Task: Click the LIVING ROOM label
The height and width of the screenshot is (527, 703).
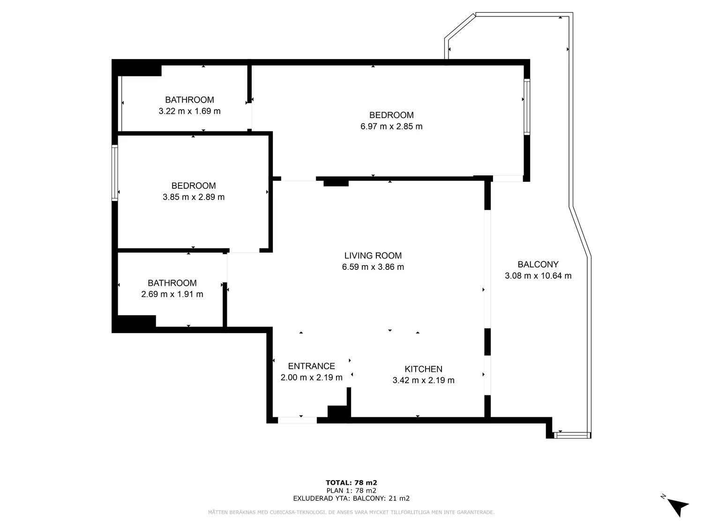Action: pos(373,255)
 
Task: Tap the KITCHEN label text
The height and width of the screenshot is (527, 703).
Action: pos(423,369)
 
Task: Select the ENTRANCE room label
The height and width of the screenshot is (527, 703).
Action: pos(311,366)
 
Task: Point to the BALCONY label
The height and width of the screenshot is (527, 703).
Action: pos(538,264)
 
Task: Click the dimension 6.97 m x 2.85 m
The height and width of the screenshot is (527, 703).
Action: pos(391,126)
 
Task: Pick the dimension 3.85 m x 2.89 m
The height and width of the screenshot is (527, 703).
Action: pos(194,197)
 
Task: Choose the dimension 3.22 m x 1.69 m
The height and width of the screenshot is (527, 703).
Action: pos(190,111)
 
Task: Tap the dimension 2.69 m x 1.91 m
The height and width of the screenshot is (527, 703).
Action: pos(172,294)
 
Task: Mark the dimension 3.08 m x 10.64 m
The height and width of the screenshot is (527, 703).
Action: pos(538,276)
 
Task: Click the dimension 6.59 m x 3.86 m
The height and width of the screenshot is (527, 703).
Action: pos(373,267)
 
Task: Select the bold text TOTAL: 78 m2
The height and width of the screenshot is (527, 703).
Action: pos(351,483)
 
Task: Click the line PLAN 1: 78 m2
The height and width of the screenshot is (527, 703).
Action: pos(351,490)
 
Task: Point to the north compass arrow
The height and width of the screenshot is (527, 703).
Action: pos(678,508)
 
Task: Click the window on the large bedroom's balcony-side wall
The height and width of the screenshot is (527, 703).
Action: pos(526,106)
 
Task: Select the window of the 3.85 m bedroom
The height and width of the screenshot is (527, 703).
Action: pos(115,173)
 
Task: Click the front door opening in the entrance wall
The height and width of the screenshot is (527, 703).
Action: pos(297,420)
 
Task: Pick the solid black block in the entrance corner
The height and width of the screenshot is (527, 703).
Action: pos(338,411)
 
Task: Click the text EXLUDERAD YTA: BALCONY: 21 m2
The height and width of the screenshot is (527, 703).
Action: pos(351,498)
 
